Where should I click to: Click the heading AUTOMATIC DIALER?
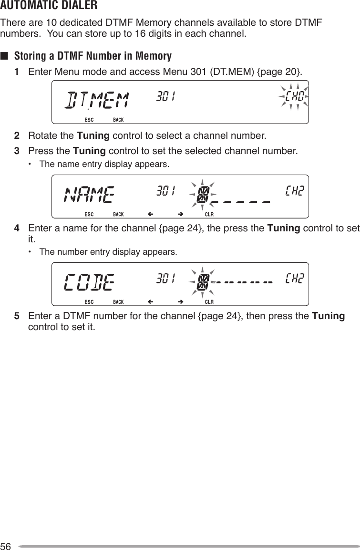[x=49, y=6]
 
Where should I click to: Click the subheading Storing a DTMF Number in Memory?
[x=93, y=56]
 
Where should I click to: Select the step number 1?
[x=17, y=72]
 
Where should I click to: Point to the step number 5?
[x=17, y=317]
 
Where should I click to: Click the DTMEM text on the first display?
[x=97, y=100]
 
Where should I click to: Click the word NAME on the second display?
[x=89, y=194]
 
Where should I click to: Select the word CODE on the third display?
[x=89, y=282]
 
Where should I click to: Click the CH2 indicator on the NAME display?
[x=295, y=191]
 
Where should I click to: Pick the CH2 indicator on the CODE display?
[x=295, y=278]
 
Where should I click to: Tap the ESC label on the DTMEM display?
[x=89, y=119]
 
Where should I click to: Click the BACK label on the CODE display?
[x=118, y=302]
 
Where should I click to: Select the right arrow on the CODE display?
[x=181, y=302]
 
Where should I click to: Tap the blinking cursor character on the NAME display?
[x=203, y=194]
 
